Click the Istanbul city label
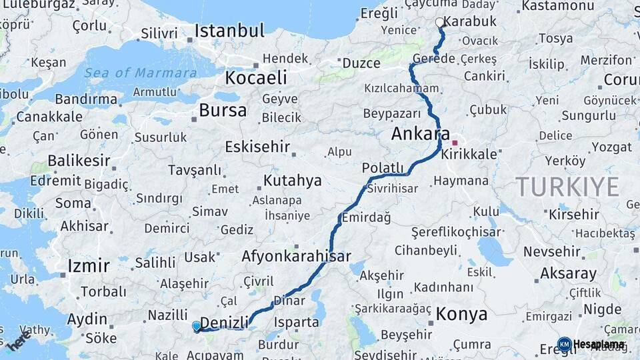(229, 31)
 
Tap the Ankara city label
(420, 133)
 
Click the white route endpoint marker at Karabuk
(439, 23)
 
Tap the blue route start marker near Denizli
(196, 326)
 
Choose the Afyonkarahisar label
(296, 256)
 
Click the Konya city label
(461, 314)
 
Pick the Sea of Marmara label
(141, 73)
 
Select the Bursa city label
(223, 110)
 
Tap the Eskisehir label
(257, 146)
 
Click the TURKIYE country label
(567, 187)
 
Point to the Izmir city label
(89, 266)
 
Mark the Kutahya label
(292, 181)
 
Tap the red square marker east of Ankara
(455, 143)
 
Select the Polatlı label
(383, 167)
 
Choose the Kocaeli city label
(255, 77)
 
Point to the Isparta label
(296, 323)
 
